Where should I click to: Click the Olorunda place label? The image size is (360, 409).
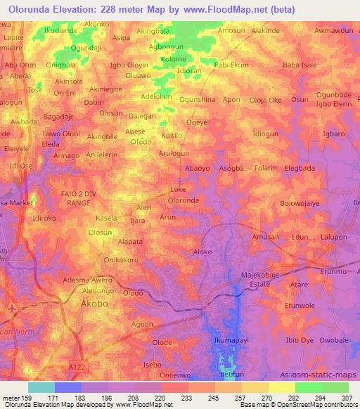pyautogui.click(x=183, y=200)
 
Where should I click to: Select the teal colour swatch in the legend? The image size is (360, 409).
pyautogui.click(x=41, y=387)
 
